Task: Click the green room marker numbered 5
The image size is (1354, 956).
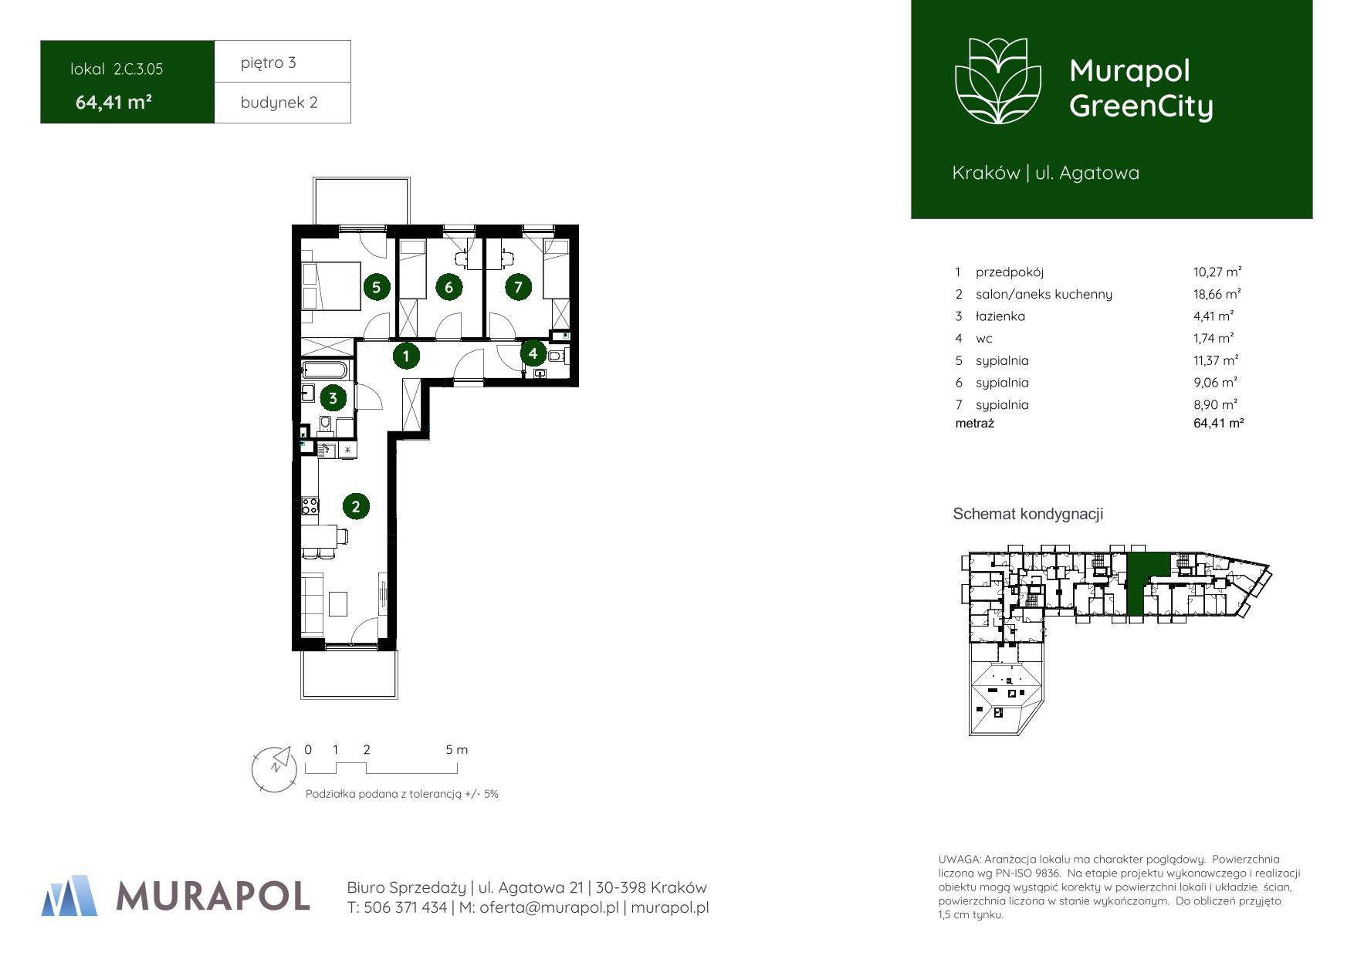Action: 376,288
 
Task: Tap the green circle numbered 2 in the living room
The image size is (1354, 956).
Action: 356,507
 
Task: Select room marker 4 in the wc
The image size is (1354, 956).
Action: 533,354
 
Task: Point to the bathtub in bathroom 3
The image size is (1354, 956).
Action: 325,370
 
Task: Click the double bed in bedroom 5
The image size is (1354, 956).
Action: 331,286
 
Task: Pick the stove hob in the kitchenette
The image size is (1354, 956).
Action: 310,506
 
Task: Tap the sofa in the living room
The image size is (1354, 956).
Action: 313,602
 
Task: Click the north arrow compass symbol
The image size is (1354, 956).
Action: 275,768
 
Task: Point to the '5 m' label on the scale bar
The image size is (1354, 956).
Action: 457,749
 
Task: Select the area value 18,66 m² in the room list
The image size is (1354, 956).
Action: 1217,294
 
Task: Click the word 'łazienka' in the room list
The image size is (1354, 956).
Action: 1000,316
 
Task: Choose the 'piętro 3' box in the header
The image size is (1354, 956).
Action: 283,62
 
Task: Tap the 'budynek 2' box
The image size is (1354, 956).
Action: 283,103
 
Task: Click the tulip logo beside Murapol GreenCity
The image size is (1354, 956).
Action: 998,81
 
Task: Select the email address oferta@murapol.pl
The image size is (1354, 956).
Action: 549,908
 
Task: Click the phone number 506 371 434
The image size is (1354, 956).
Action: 405,908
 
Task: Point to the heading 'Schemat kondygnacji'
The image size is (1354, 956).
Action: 1028,514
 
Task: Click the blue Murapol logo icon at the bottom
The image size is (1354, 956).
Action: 69,896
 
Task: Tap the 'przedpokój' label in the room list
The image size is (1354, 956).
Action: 1010,272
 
